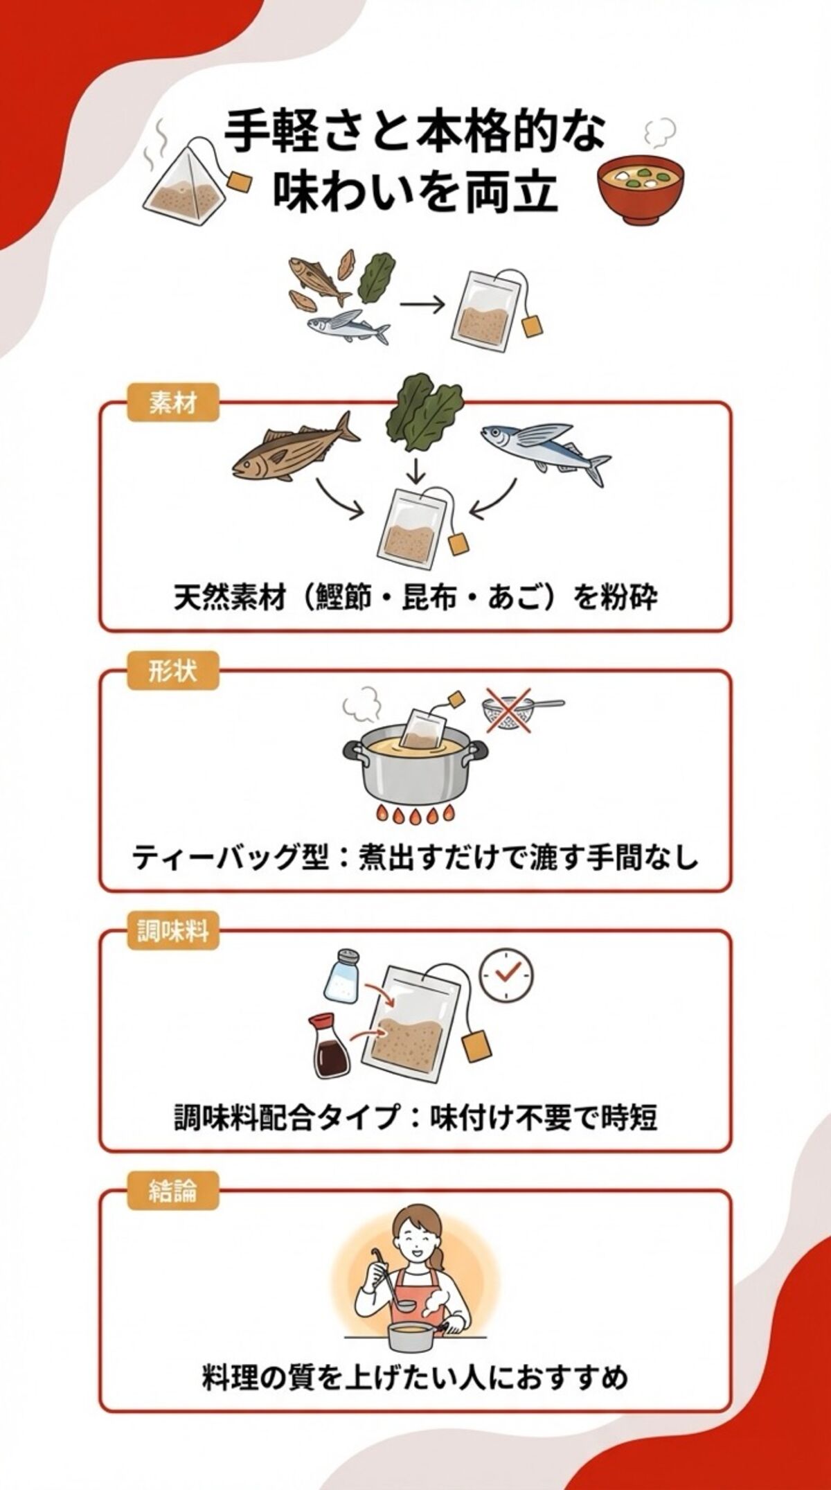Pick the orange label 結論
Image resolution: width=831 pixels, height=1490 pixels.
click(173, 1191)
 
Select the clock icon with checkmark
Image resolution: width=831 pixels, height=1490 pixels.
click(508, 974)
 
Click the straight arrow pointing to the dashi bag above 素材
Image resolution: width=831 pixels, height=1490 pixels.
click(422, 305)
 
